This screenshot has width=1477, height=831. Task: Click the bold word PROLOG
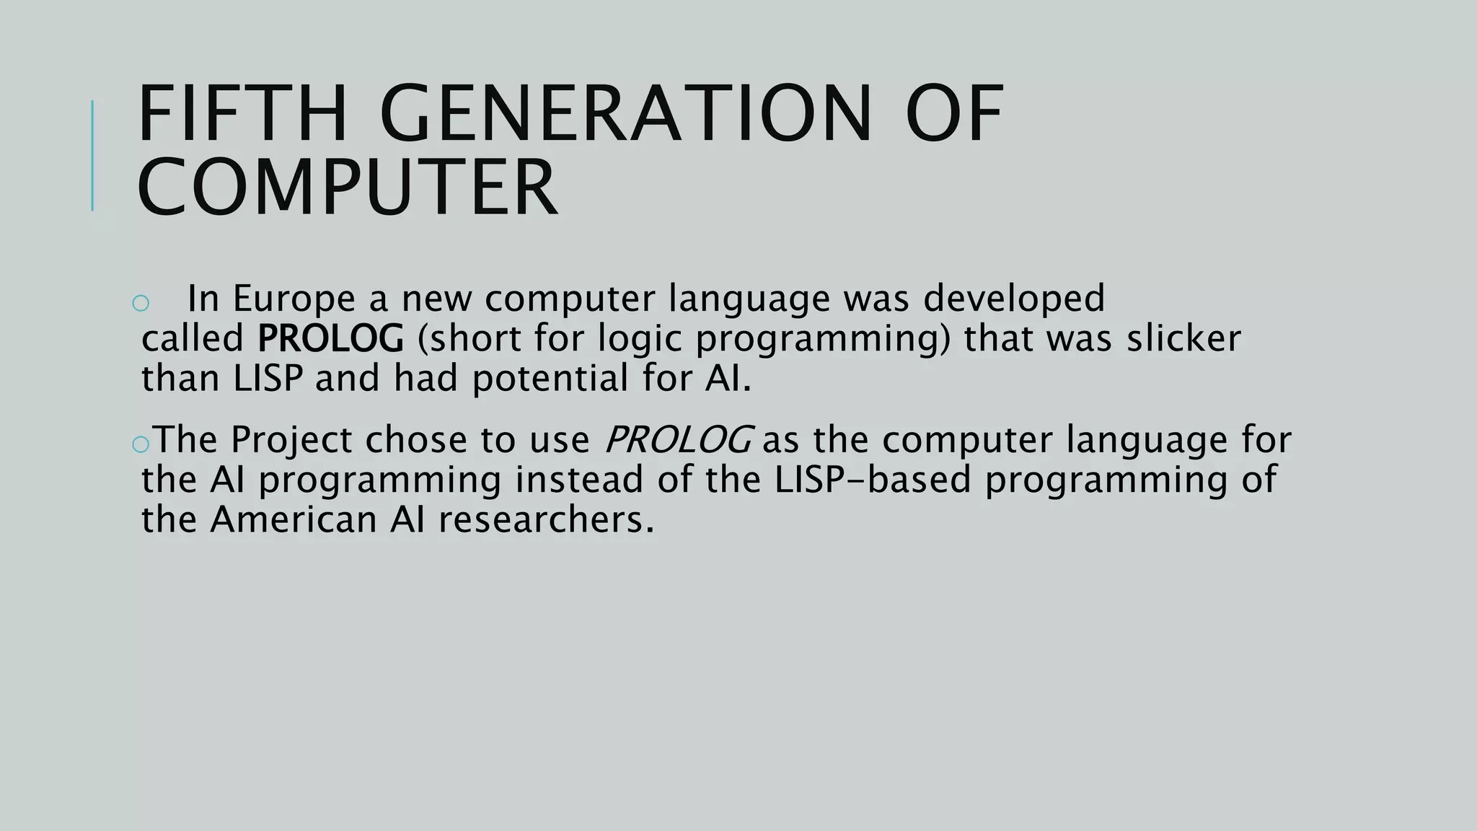[x=330, y=338]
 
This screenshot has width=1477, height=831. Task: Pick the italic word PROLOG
[x=679, y=439]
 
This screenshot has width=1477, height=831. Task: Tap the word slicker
[x=1184, y=338]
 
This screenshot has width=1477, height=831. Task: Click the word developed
[x=1014, y=299]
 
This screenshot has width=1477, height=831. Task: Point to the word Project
[x=291, y=441]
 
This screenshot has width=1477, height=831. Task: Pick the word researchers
[x=546, y=519]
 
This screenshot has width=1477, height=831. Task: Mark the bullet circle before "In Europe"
[x=141, y=303]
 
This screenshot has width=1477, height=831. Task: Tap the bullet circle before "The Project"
[x=141, y=444]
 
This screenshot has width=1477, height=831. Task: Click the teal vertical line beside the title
[x=92, y=155]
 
